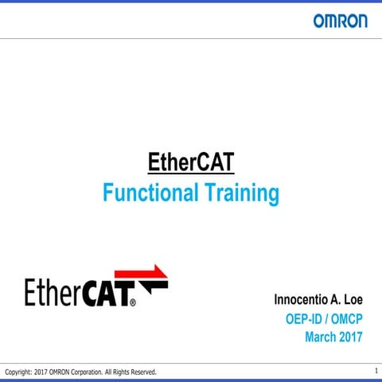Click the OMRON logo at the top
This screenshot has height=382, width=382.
(340, 21)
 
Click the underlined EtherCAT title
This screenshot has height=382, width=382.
(191, 162)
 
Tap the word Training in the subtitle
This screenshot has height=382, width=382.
(241, 193)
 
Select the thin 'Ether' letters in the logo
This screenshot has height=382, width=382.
(52, 292)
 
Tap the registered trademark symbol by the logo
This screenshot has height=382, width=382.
(132, 303)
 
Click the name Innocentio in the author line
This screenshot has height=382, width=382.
(302, 301)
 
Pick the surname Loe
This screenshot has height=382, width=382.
(352, 301)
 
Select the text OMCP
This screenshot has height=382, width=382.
(346, 319)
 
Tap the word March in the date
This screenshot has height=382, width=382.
(322, 337)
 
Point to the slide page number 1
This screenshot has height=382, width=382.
(376, 371)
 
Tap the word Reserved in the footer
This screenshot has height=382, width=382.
(142, 372)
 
